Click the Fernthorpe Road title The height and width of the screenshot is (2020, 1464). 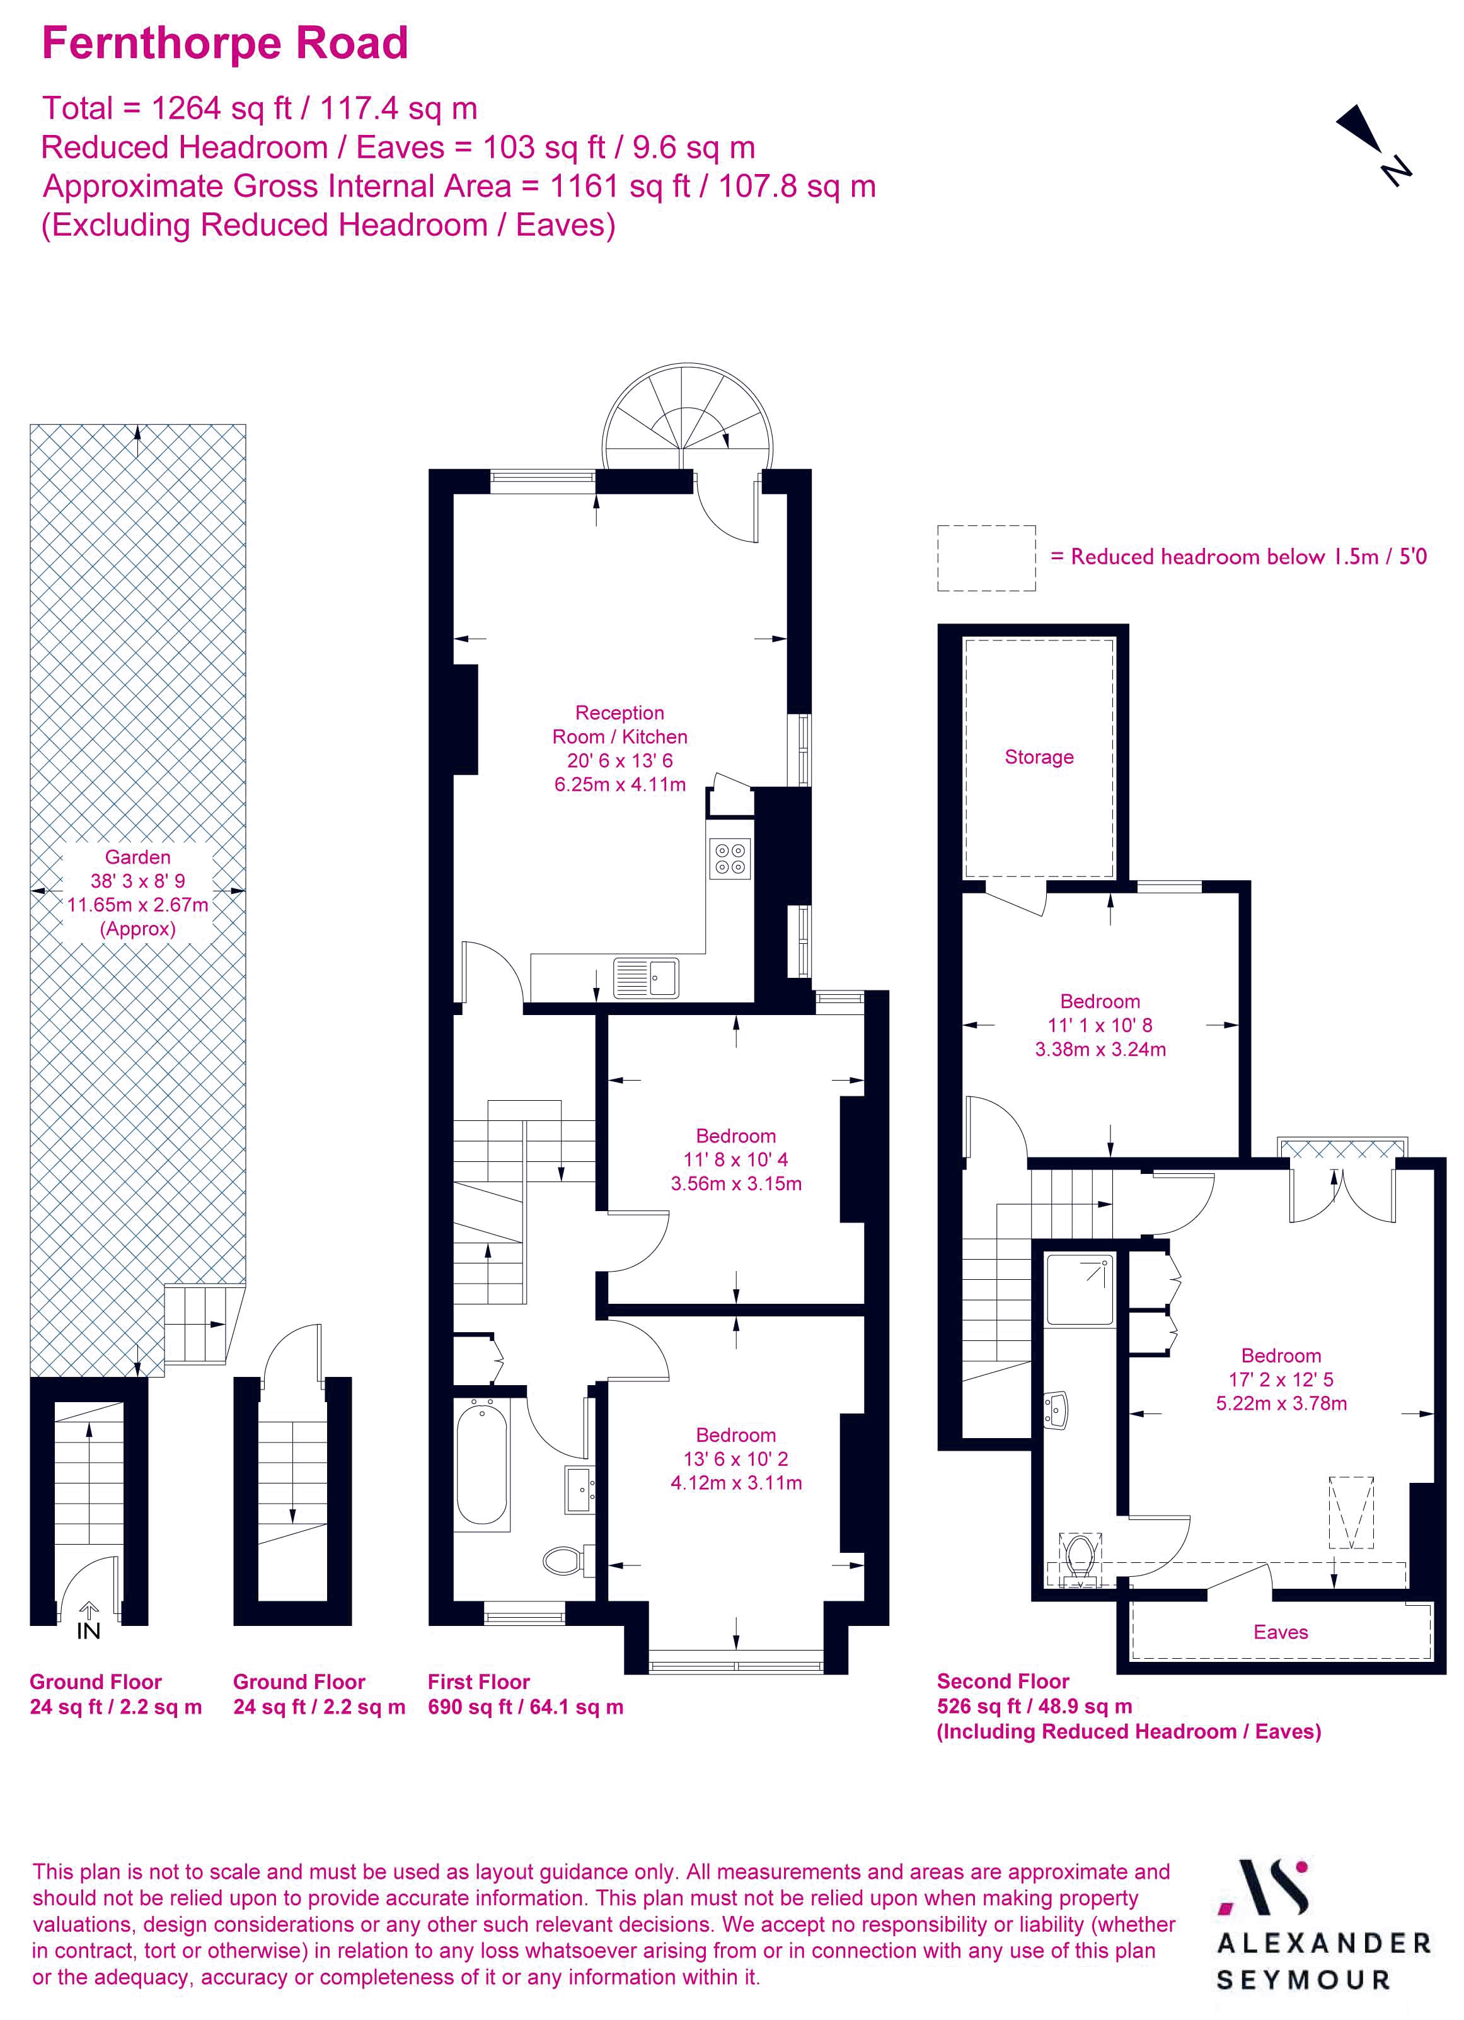click(224, 44)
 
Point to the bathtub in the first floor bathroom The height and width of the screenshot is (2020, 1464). click(481, 1461)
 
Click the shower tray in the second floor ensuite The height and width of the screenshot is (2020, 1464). click(1080, 1289)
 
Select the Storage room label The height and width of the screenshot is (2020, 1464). click(1039, 757)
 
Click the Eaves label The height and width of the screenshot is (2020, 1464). click(1280, 1632)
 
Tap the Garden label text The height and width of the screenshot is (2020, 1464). click(137, 857)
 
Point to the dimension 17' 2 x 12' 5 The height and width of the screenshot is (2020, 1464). click(1281, 1379)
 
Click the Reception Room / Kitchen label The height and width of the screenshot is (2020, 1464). click(620, 724)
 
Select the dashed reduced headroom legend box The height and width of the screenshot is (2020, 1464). click(986, 557)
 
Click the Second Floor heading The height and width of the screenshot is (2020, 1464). click(1003, 1681)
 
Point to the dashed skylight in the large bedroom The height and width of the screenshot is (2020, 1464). click(1351, 1512)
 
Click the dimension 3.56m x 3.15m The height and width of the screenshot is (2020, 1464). click(735, 1183)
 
